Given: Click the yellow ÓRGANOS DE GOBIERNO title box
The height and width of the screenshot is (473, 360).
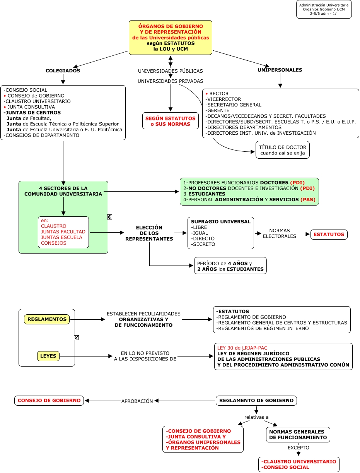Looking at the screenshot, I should click(171, 38).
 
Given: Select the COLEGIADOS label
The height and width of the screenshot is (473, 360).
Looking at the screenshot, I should click(63, 71).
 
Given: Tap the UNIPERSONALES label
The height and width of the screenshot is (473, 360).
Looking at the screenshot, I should click(280, 70).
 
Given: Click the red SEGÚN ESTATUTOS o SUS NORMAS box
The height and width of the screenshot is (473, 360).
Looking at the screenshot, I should click(171, 121).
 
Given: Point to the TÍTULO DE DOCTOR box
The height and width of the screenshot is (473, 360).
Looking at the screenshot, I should click(283, 150).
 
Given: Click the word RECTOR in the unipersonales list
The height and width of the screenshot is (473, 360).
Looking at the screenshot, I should click(219, 94).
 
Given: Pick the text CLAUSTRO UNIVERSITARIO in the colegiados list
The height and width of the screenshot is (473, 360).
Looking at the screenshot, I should click(38, 101).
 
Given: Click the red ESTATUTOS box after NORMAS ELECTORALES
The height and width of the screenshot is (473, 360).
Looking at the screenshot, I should click(329, 234).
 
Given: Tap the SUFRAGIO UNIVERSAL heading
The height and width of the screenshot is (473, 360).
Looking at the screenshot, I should click(221, 222).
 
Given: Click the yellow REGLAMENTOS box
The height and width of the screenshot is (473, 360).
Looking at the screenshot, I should click(47, 319).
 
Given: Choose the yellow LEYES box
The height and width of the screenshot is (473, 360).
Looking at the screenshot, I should click(48, 356).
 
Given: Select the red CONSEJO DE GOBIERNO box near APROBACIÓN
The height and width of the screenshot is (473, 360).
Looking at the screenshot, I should click(49, 401).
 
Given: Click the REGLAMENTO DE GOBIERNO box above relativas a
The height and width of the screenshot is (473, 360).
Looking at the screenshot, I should click(256, 401).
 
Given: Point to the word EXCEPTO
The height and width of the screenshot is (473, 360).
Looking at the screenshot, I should click(298, 448).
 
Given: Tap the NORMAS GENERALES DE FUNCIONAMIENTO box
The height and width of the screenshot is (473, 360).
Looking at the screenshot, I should click(298, 435).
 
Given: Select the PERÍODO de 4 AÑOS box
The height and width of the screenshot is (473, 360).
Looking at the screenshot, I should click(230, 266).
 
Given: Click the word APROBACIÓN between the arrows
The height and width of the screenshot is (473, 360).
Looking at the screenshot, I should click(137, 401).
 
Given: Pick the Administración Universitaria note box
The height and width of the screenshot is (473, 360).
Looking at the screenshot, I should click(324, 9).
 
